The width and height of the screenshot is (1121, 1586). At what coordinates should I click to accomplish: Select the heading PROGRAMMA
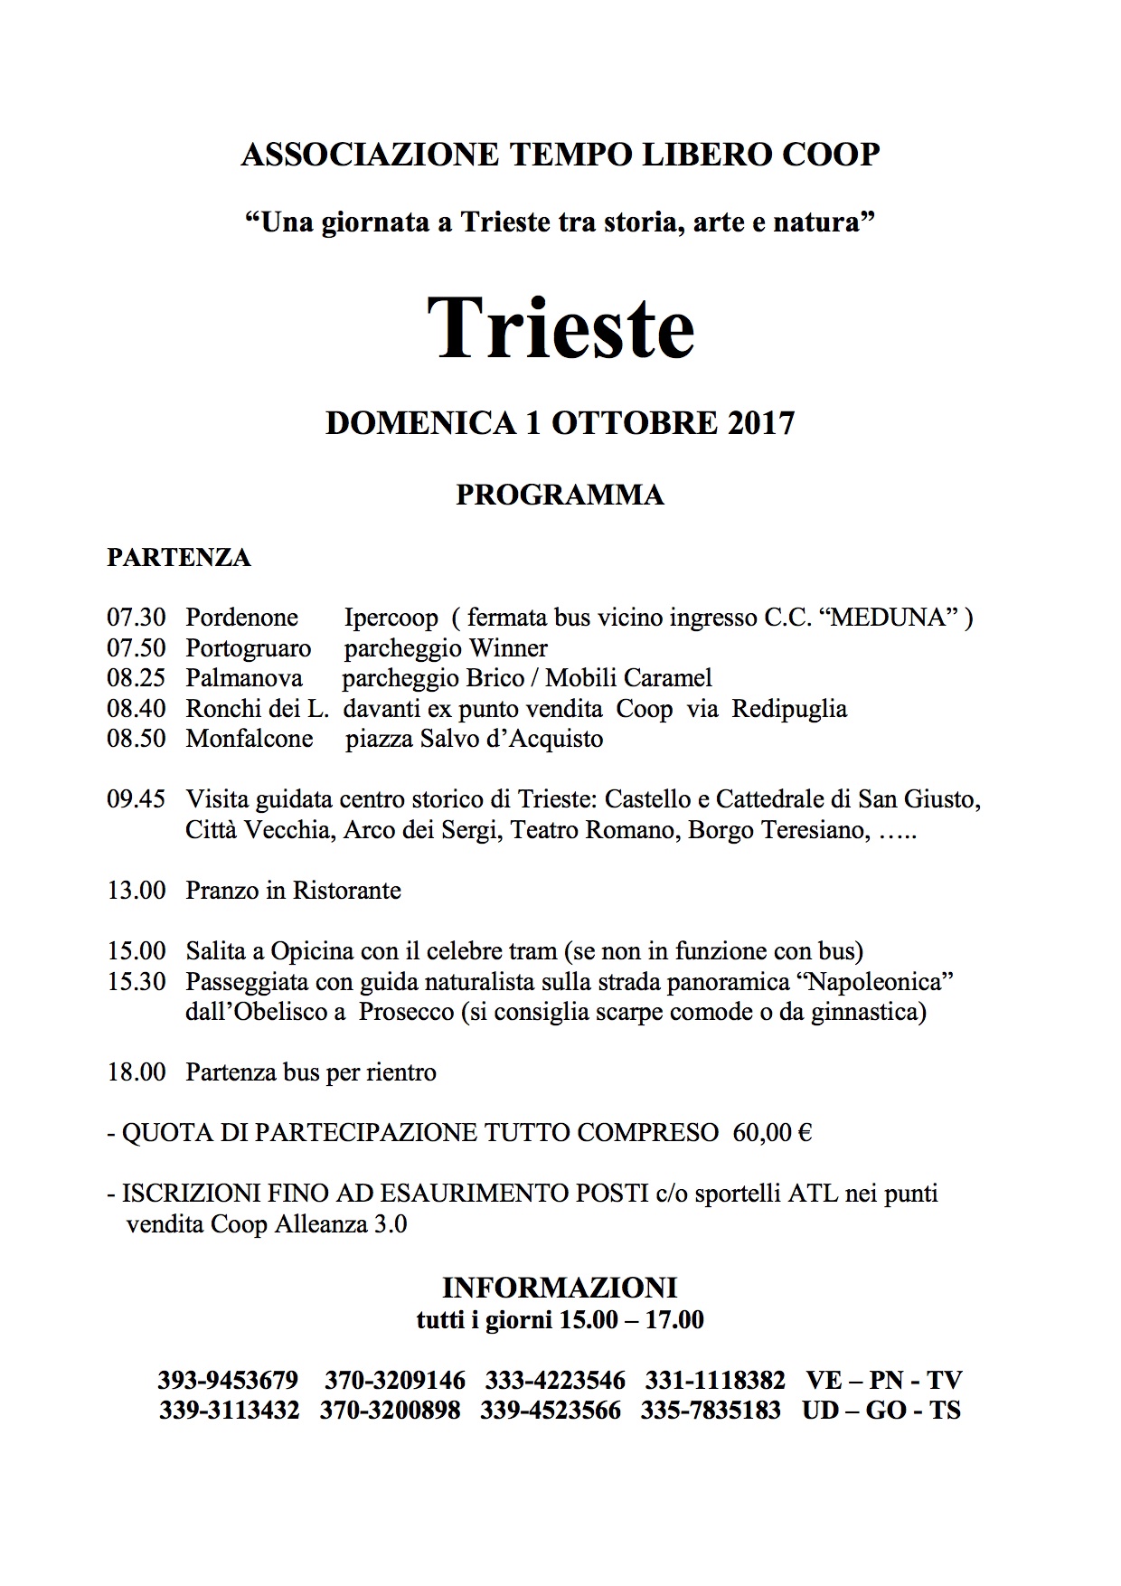coord(560,495)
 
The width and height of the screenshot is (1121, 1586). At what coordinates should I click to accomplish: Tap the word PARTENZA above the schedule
coord(179,557)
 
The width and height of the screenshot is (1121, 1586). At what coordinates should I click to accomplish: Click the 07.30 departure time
coord(137,618)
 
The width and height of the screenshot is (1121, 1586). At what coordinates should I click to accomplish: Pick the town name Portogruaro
coord(249,648)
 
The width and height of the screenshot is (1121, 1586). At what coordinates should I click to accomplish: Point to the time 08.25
coord(137,678)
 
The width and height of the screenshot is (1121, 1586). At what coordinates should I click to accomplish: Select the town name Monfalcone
coord(250,739)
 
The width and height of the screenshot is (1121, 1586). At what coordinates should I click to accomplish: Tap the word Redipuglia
coord(789,709)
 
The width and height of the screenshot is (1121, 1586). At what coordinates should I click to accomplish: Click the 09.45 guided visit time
coord(137,799)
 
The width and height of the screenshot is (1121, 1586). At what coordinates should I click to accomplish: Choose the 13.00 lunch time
coord(137,891)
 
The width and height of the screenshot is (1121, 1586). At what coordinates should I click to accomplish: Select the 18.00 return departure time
coord(137,1072)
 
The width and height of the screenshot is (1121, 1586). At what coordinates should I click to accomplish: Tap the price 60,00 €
coord(772,1133)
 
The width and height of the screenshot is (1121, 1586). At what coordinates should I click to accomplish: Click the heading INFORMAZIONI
coord(560,1288)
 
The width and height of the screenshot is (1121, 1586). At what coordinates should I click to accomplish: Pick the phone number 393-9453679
coord(228,1381)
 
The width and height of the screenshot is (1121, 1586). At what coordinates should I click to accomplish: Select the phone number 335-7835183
coord(711,1411)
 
